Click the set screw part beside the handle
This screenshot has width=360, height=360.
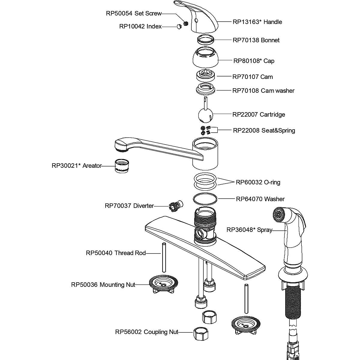coord(185,23)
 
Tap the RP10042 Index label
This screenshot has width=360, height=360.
coord(140,26)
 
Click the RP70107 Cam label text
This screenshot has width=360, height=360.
coord(253,77)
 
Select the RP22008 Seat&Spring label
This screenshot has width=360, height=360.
coord(264,130)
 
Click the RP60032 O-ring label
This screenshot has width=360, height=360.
coord(258,182)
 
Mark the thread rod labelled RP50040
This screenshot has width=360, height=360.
coord(163,257)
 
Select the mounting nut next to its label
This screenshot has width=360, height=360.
coord(163,284)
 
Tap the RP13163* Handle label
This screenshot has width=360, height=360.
coord(257,22)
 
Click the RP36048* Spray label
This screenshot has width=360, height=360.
coord(249,230)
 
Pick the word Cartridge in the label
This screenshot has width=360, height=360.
coord(272,115)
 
